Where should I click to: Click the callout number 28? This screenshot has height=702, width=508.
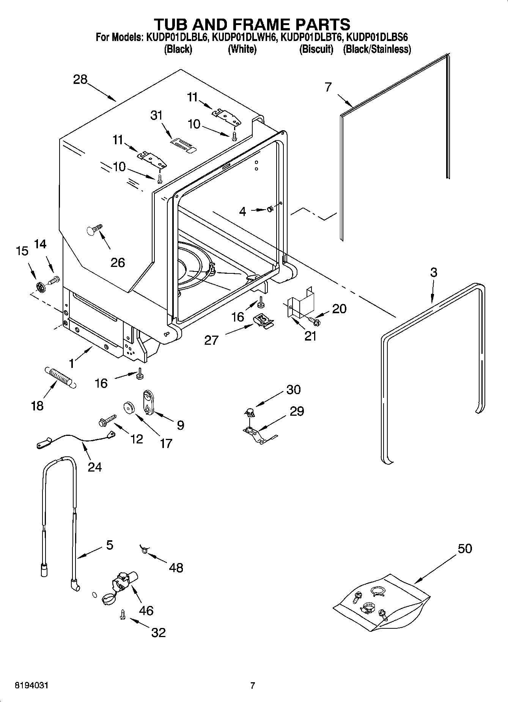click(80, 80)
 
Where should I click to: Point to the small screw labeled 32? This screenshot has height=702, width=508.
click(123, 615)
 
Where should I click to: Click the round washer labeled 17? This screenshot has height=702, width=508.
click(129, 408)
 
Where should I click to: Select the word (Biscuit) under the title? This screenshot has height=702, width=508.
click(316, 49)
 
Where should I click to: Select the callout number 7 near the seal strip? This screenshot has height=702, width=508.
click(328, 87)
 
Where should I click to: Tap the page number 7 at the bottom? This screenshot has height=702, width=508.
click(253, 685)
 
